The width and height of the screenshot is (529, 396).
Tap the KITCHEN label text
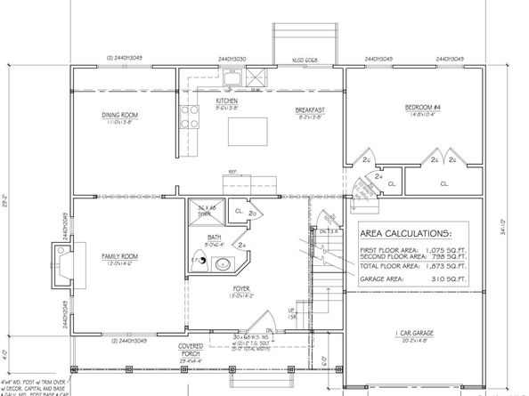click(x=227, y=101)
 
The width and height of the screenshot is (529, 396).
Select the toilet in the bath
click(x=202, y=260)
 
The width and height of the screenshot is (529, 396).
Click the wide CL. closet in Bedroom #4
click(x=443, y=184)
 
